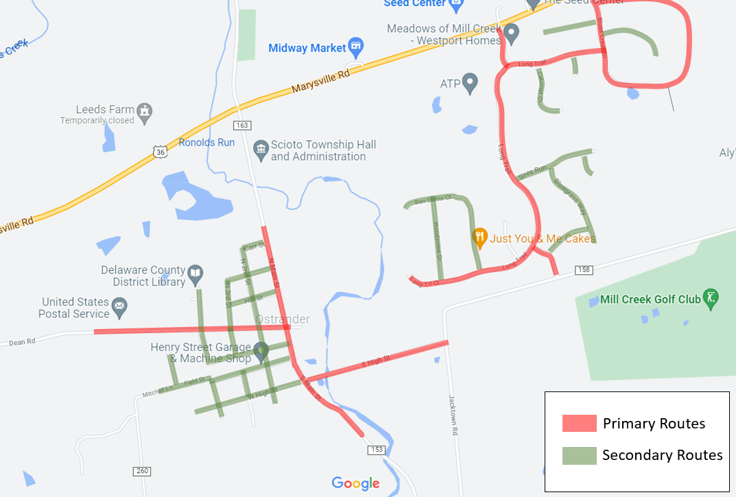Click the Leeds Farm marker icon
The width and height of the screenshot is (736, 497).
(144, 110)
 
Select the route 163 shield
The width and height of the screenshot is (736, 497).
(242, 125)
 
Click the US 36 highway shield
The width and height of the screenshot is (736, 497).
(160, 151)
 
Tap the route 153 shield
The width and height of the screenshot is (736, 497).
(376, 449)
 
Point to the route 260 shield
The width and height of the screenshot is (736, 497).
(142, 471)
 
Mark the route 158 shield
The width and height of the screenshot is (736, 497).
(583, 269)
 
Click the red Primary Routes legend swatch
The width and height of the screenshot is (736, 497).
(579, 423)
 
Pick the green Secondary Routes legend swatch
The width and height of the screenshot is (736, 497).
(579, 455)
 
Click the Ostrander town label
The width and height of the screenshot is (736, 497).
(282, 319)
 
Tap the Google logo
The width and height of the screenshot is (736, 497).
(355, 483)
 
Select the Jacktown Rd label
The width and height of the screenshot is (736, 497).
(453, 415)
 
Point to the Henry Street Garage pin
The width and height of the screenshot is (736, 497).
(261, 352)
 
